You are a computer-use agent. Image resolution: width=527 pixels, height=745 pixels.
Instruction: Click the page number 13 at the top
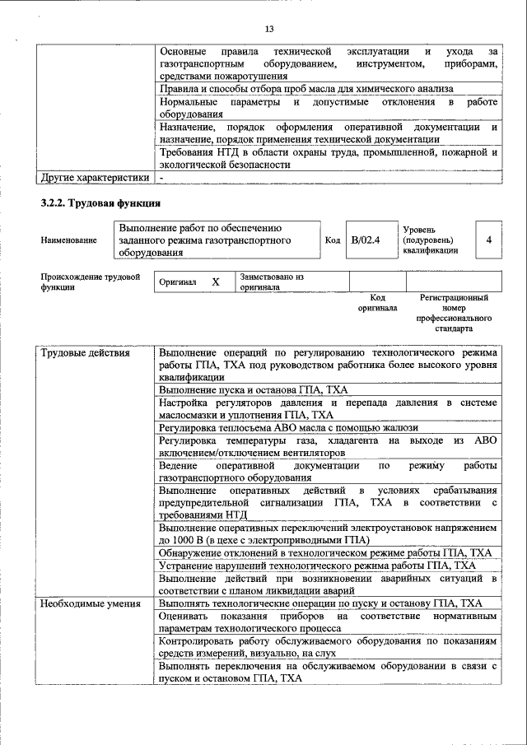point(268,30)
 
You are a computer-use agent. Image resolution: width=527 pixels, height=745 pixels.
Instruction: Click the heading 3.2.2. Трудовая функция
point(100,203)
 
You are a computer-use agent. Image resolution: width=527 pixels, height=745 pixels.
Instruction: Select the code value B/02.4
point(365,240)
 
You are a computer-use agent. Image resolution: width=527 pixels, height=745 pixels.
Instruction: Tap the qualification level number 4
point(489,240)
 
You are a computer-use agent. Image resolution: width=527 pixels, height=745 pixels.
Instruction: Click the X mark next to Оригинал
point(216,282)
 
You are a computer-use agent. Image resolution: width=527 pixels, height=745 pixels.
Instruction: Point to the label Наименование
point(68,240)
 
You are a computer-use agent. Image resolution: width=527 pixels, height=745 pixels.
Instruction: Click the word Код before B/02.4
point(333,240)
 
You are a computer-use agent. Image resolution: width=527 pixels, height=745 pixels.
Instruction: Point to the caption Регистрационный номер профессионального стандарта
point(454,312)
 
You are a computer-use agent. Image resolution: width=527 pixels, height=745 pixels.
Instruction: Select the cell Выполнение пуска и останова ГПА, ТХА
point(254,389)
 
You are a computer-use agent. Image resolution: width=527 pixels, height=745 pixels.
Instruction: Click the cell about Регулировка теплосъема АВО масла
point(288,427)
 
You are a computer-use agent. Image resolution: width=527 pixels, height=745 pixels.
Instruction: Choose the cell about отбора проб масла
point(305,89)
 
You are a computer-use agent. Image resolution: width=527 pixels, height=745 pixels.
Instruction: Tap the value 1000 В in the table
point(190,540)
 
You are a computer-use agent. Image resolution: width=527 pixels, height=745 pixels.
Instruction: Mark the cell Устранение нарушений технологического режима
point(317,566)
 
